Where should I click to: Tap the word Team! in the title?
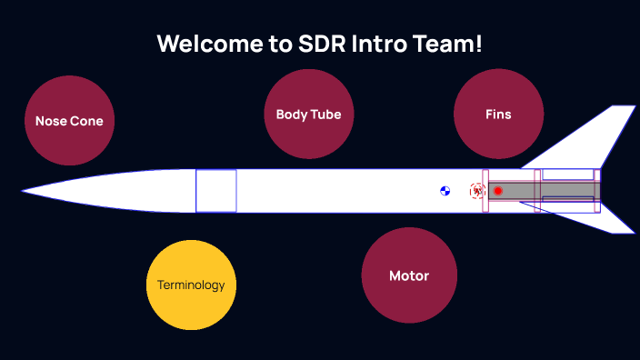click(x=449, y=44)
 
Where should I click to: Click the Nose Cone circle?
click(x=69, y=121)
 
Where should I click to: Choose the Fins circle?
click(x=498, y=115)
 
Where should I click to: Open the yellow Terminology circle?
click(x=191, y=285)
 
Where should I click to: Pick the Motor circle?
click(x=408, y=275)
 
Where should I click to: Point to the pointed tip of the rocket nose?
click(x=25, y=191)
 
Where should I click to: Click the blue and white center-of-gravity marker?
click(x=445, y=191)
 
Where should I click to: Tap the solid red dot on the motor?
click(x=498, y=191)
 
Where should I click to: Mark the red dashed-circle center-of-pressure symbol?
click(x=476, y=191)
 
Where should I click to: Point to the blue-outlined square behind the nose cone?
click(x=216, y=191)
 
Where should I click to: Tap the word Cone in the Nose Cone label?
click(x=87, y=121)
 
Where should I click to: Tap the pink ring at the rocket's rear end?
click(x=596, y=191)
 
